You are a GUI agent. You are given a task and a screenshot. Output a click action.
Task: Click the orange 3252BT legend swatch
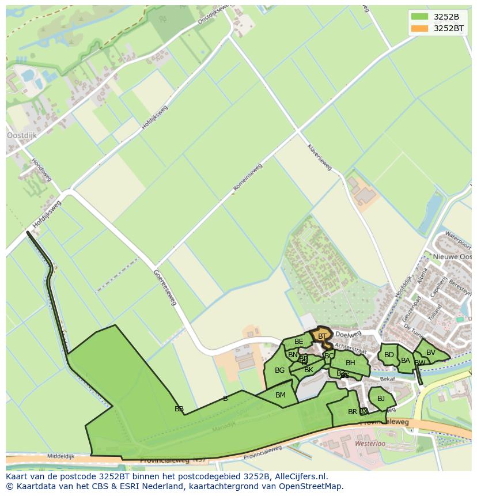(420, 28)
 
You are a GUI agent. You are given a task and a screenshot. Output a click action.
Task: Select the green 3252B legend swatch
(420, 17)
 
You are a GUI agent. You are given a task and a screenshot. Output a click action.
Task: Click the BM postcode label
(281, 395)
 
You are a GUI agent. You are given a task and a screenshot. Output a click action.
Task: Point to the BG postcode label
(279, 370)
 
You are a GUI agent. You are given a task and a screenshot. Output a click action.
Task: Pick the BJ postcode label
(381, 399)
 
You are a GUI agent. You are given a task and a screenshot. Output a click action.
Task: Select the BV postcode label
(431, 353)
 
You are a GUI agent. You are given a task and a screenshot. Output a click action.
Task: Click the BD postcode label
(389, 355)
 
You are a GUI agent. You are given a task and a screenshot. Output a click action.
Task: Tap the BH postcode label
(350, 363)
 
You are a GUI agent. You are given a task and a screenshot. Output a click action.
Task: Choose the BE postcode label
(298, 342)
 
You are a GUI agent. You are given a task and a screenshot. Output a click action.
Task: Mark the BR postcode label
(352, 412)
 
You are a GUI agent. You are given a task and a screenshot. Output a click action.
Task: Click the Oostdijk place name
(21, 135)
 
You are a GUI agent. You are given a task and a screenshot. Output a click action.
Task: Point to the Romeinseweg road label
(248, 178)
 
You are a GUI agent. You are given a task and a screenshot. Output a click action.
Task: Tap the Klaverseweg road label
(320, 157)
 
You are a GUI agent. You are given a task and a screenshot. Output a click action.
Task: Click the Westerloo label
(370, 444)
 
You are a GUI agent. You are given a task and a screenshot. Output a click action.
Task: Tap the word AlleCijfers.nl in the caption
(301, 476)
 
